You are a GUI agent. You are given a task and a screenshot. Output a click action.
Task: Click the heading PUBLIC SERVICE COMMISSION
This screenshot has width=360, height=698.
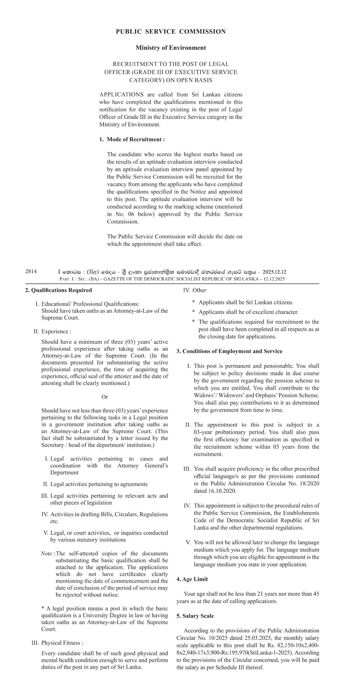click(x=171, y=32)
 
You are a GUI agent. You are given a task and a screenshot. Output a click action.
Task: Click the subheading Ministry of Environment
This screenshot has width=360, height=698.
click(x=171, y=48)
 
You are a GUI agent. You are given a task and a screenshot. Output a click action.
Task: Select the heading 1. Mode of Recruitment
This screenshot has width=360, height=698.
click(x=132, y=140)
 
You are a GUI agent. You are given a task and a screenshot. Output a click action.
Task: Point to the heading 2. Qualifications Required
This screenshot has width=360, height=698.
click(x=59, y=290)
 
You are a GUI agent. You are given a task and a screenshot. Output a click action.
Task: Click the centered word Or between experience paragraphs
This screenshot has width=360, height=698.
click(x=105, y=397)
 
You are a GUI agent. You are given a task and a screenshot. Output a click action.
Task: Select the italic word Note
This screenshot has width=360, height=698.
click(x=46, y=554)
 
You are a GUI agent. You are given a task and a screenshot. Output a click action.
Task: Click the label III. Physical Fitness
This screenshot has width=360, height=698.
click(x=57, y=643)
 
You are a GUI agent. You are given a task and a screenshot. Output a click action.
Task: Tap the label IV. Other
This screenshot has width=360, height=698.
click(x=194, y=290)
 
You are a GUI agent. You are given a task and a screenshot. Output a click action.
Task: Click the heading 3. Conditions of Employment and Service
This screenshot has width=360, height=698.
click(x=229, y=351)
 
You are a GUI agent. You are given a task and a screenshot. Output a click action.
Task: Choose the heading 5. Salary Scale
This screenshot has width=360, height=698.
click(x=195, y=616)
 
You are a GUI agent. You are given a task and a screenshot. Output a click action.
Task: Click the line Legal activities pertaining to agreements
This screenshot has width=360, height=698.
click(x=99, y=484)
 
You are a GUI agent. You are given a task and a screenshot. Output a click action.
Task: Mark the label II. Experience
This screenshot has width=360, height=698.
click(x=52, y=332)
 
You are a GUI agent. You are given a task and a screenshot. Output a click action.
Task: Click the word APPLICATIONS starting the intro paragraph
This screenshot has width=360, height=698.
click(x=121, y=95)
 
